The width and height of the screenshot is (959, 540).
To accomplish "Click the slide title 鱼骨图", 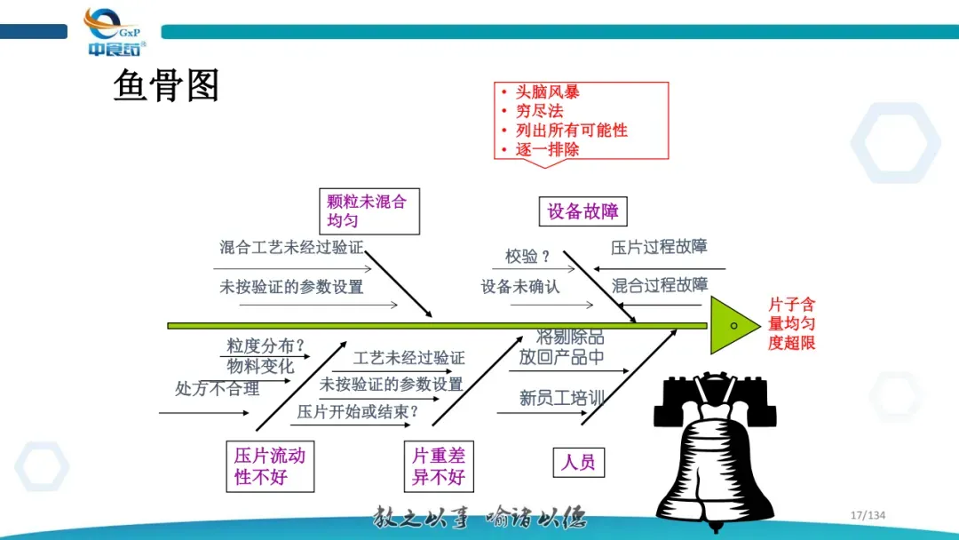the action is (x=166, y=86).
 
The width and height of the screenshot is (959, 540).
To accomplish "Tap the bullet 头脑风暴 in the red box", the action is (x=548, y=91).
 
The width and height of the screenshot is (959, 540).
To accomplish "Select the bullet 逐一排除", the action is (x=548, y=149).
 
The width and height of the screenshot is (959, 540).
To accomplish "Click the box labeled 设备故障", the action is (x=583, y=211).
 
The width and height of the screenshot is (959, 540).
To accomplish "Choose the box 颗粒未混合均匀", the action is (x=368, y=210).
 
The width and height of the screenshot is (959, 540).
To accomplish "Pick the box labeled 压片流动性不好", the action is (x=270, y=466).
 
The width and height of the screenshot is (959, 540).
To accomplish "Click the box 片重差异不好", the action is (x=439, y=466).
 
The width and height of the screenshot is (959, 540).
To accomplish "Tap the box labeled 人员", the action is (x=578, y=462).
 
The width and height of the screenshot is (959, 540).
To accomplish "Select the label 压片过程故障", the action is (x=659, y=247).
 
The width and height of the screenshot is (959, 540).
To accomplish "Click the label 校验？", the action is (x=527, y=257).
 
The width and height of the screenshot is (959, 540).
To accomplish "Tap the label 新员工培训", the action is (x=561, y=398).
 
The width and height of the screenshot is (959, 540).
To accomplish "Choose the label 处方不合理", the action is (x=217, y=388).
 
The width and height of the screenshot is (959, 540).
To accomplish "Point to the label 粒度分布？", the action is (x=266, y=345).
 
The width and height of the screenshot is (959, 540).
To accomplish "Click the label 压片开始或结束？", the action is (x=358, y=411).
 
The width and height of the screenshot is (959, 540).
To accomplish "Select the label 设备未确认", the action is (x=520, y=287).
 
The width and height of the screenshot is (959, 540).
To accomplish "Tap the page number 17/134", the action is (x=868, y=516).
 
